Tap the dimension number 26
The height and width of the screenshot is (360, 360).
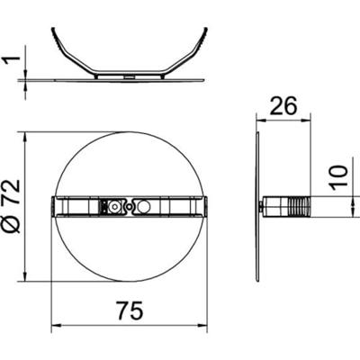(x=283, y=105)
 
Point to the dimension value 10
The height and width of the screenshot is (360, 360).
(x=339, y=177)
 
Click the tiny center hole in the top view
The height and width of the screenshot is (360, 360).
(x=130, y=206)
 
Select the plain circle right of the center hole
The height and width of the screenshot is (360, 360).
(x=144, y=206)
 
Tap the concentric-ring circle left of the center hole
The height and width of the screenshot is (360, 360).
(x=115, y=206)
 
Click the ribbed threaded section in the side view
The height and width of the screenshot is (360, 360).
(x=299, y=206)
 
